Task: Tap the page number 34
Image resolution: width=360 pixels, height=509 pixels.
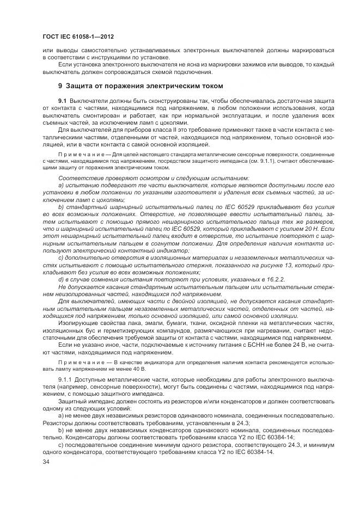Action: click(x=46, y=462)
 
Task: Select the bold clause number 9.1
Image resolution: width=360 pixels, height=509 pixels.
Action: click(x=63, y=102)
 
